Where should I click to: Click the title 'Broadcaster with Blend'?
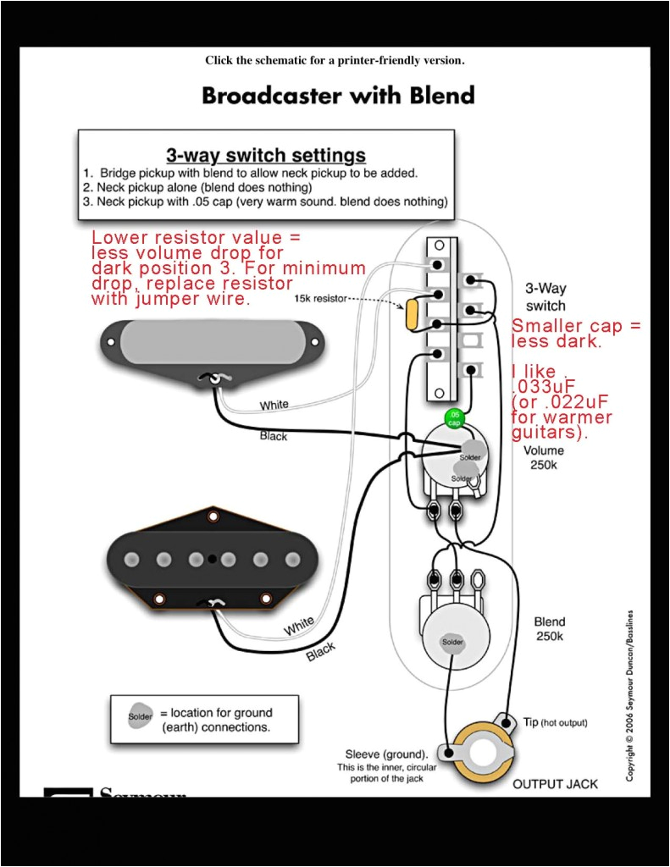coord(338,95)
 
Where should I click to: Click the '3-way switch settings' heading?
coord(266,156)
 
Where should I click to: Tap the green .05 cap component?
coord(455,417)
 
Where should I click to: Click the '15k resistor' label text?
coord(320,300)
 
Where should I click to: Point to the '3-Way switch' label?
coord(545,296)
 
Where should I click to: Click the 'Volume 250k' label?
coord(543,458)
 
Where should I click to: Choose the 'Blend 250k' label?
coord(549,628)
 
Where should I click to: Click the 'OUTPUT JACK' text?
coord(555,783)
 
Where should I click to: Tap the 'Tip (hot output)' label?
coord(555,722)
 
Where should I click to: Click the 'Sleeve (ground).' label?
coord(385,754)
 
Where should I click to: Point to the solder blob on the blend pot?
coord(452,643)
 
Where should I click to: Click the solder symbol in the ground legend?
coord(140,716)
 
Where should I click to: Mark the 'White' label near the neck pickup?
coord(274,406)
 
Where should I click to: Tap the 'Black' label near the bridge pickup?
coord(320,652)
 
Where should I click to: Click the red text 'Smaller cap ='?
coord(576,326)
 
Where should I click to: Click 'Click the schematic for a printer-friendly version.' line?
coord(335,60)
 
